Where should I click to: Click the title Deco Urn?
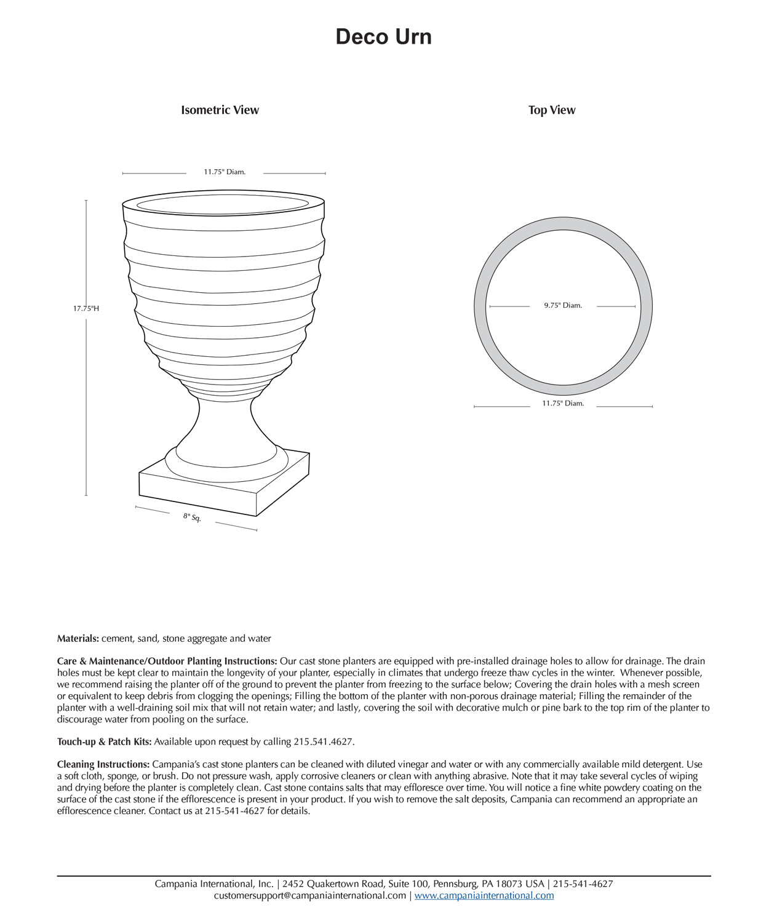pos(383,37)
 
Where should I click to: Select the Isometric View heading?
pos(220,110)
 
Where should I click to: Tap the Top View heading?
pos(552,110)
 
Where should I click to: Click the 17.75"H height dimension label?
pos(86,308)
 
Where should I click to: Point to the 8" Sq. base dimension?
pos(192,517)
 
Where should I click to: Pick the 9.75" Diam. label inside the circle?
pos(563,305)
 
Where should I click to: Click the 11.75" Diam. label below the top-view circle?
pos(563,404)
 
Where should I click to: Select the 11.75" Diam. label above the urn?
pos(225,172)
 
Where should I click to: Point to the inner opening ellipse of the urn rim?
pos(223,205)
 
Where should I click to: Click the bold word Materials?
pos(78,639)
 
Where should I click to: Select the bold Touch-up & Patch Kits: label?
pos(105,742)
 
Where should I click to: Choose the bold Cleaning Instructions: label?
pos(103,765)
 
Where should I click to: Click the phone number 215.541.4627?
pos(324,742)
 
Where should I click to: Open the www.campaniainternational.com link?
pos(484,896)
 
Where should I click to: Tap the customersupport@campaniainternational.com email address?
pos(309,896)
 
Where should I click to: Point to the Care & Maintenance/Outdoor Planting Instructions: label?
pos(167,661)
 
